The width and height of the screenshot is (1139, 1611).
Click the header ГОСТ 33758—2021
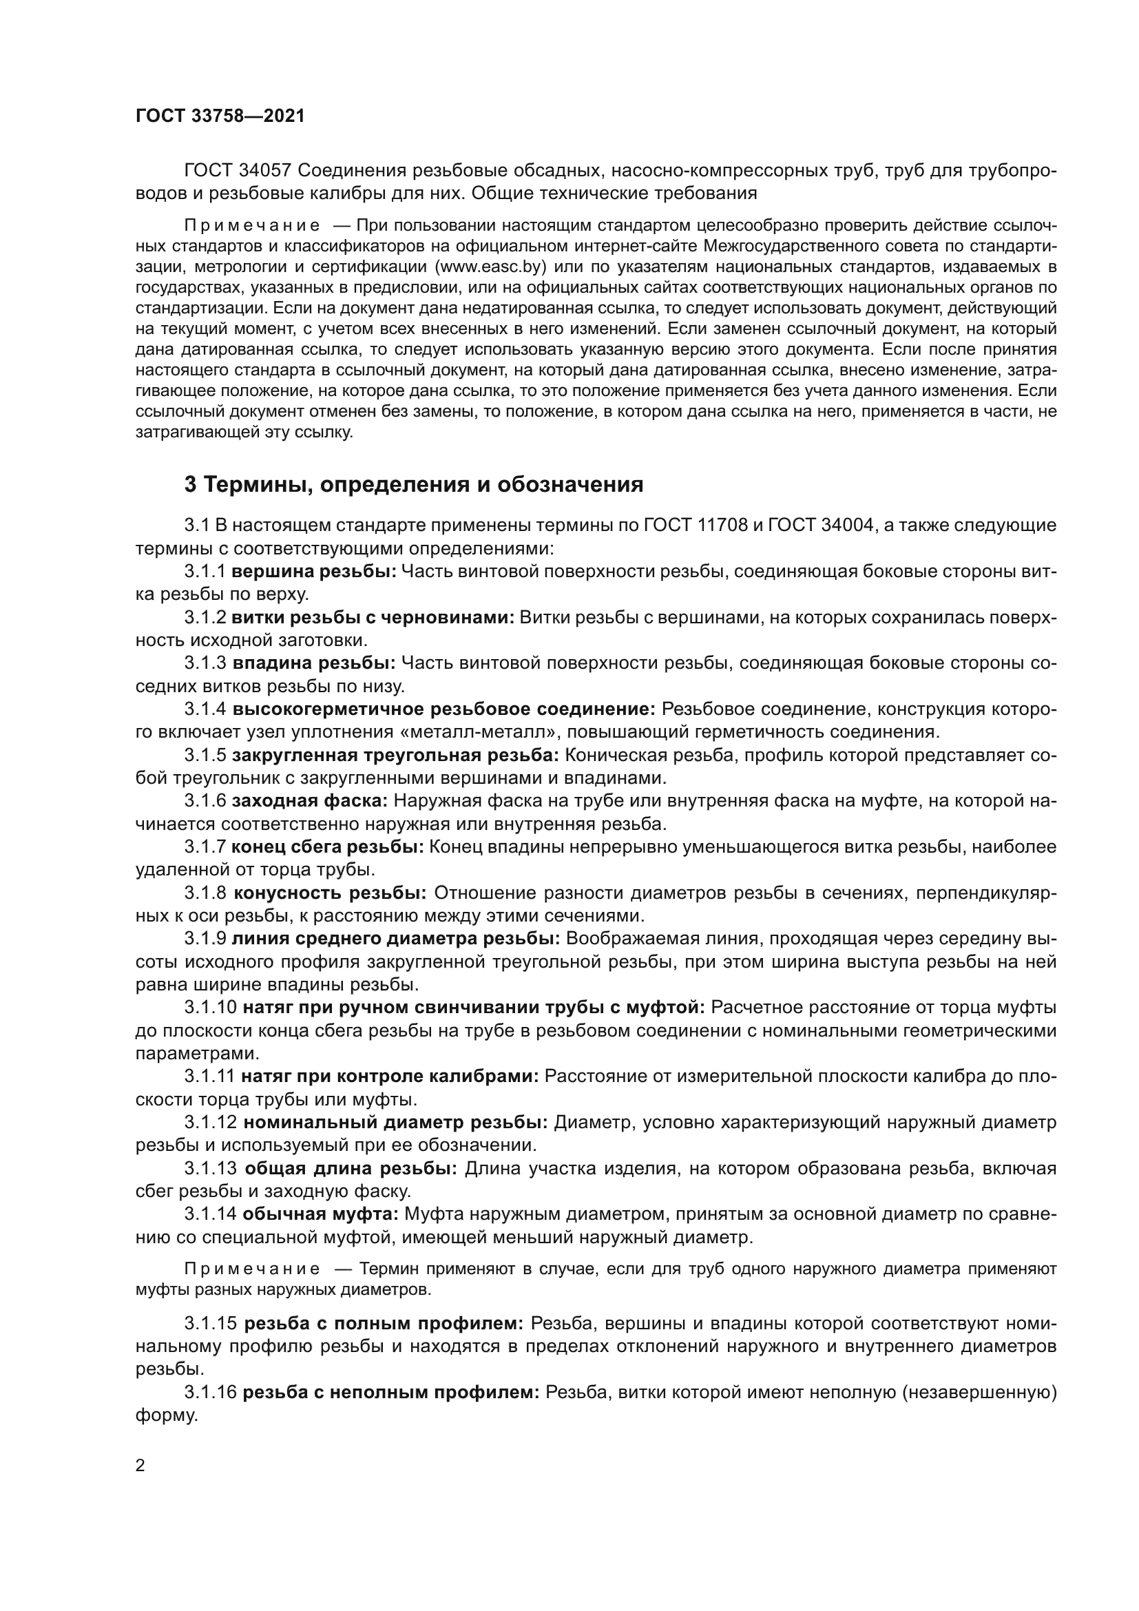click(x=220, y=116)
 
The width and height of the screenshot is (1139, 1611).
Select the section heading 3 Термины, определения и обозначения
click(x=414, y=484)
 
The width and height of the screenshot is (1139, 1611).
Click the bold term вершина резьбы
click(x=314, y=571)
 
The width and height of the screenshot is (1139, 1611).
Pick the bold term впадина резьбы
click(x=314, y=663)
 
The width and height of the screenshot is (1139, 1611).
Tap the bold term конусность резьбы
click(x=330, y=893)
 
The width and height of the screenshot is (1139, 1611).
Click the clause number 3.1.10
click(x=211, y=1008)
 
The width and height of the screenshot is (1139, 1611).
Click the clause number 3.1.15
click(x=211, y=1323)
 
